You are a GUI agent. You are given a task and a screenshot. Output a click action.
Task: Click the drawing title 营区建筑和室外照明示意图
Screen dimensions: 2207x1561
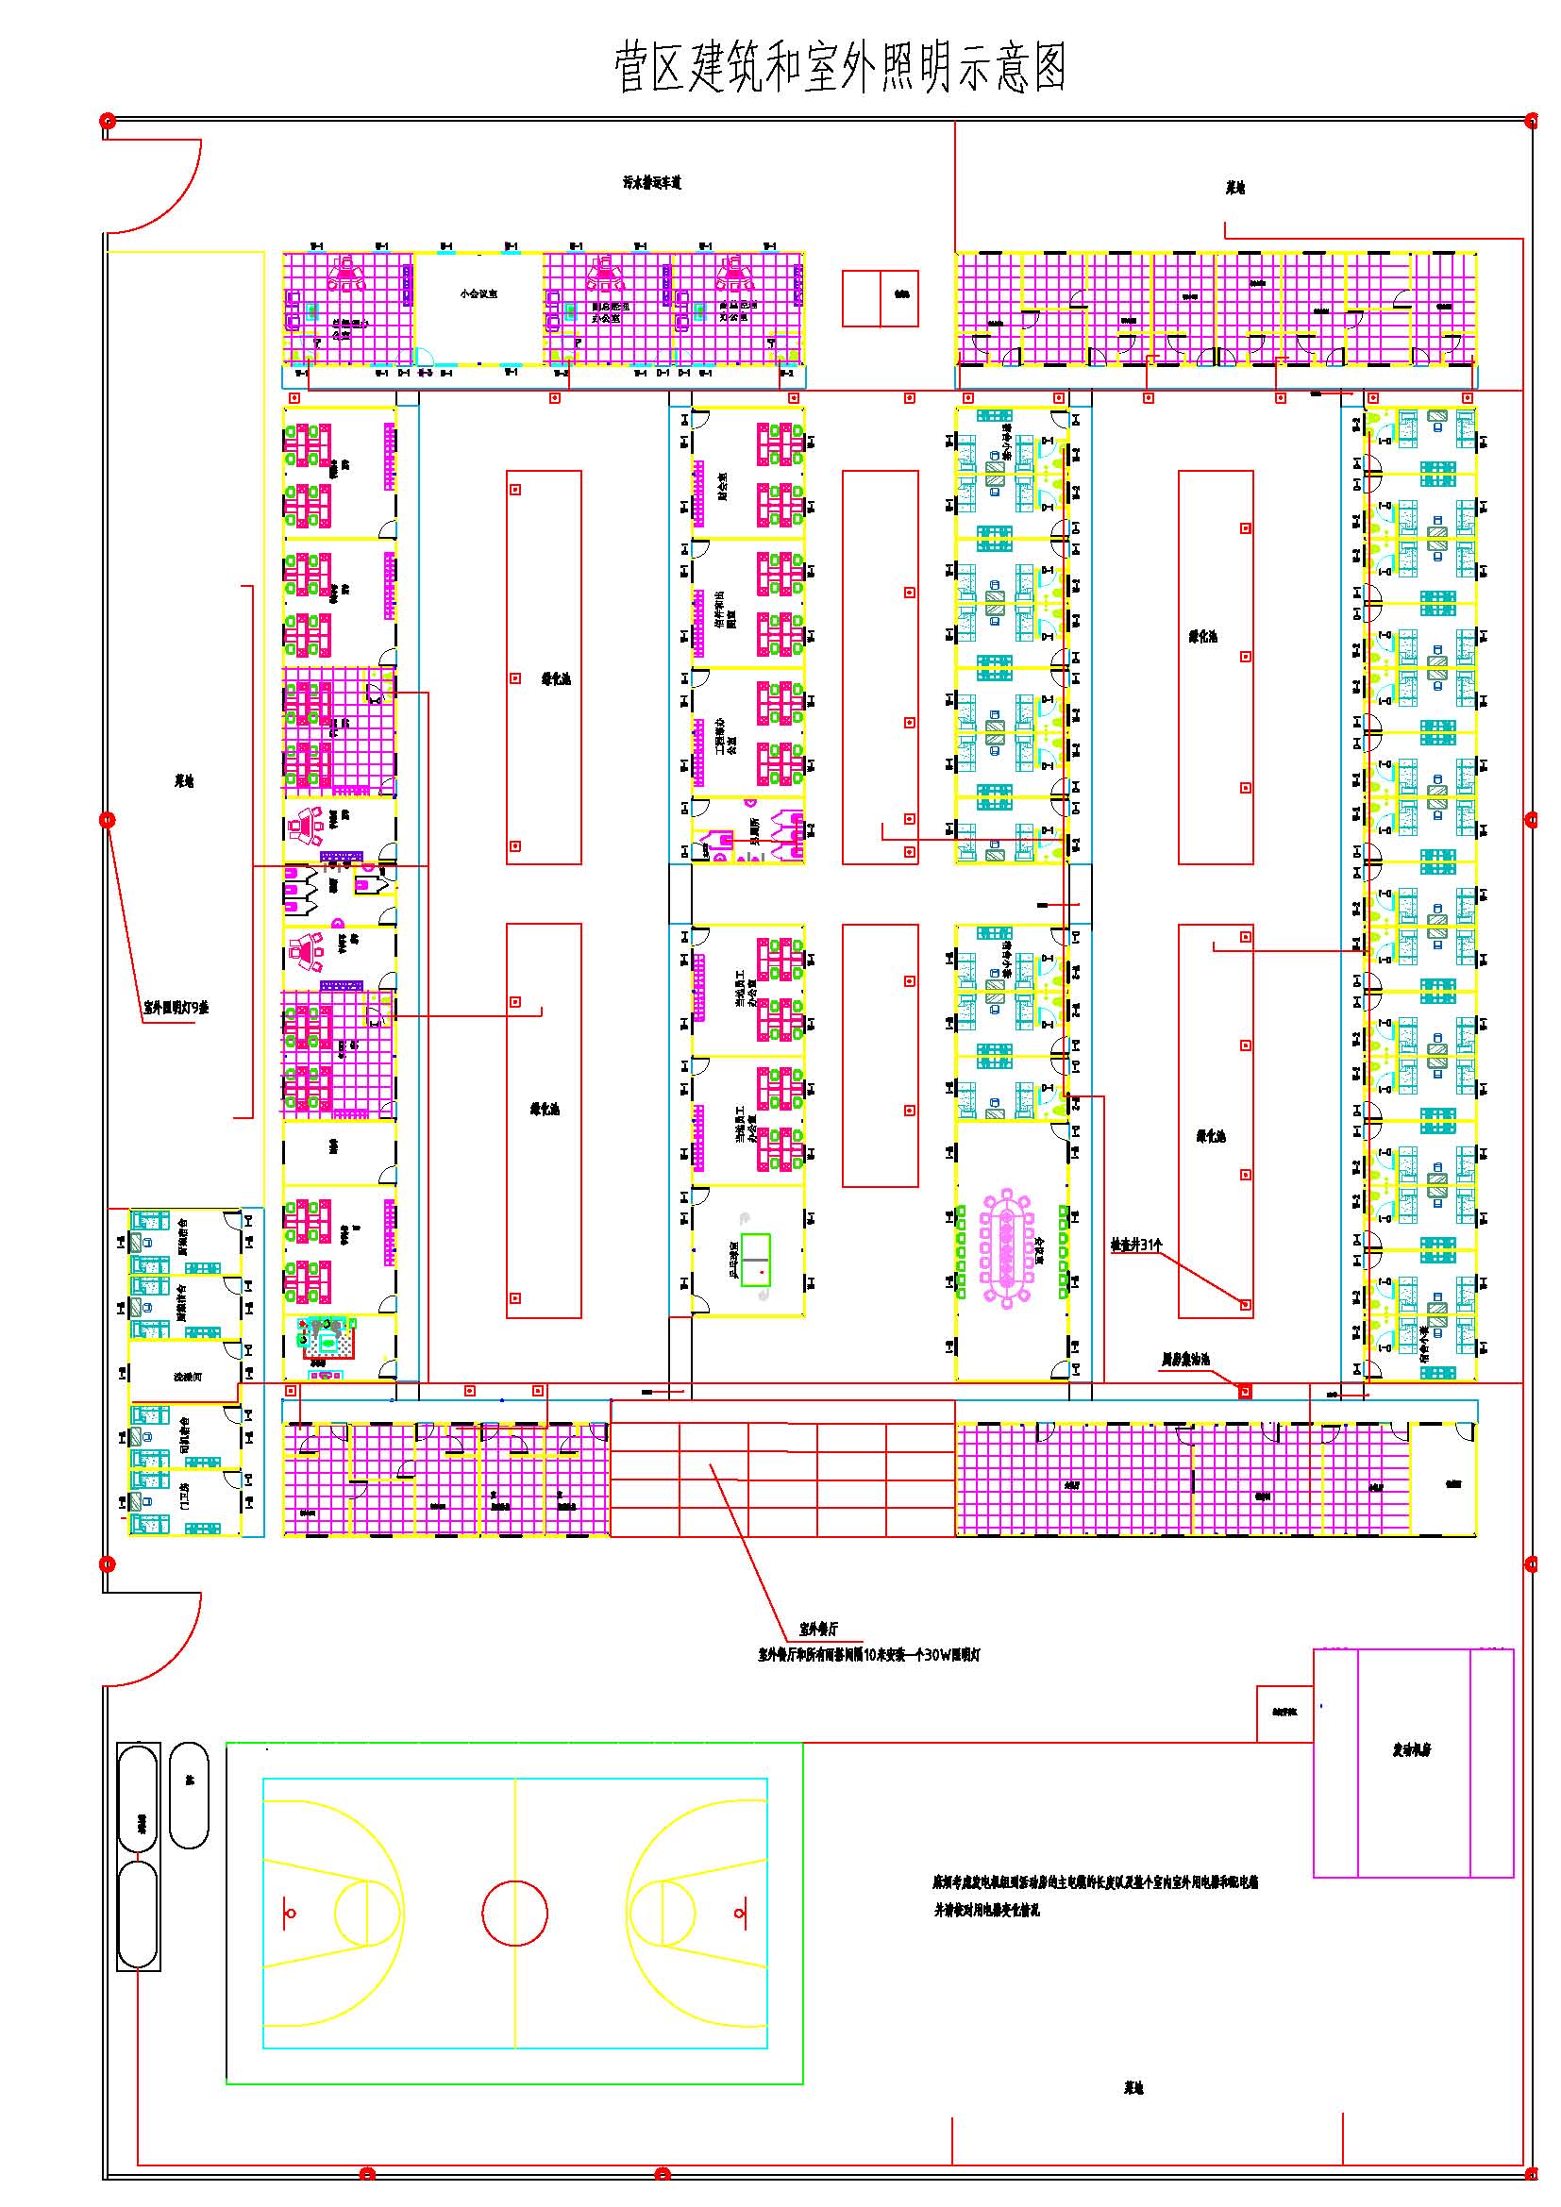click(840, 67)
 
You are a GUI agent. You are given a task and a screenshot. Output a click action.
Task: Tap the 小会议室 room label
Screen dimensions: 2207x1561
click(478, 293)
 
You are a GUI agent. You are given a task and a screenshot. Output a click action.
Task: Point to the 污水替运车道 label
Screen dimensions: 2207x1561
click(652, 183)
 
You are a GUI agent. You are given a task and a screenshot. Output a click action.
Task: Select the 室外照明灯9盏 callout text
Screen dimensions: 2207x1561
click(176, 1009)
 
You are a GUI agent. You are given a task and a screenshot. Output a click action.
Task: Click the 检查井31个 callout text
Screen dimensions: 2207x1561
click(1136, 1245)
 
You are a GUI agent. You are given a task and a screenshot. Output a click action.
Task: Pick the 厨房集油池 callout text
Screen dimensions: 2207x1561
click(1185, 1359)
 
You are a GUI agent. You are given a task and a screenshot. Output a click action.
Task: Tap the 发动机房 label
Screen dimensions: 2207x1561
click(1412, 1749)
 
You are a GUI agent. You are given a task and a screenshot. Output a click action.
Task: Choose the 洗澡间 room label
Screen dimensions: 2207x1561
click(188, 1377)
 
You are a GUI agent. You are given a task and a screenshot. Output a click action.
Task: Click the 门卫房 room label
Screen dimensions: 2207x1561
click(184, 1494)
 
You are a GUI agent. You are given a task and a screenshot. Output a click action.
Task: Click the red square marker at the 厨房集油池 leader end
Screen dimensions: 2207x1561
click(1245, 1391)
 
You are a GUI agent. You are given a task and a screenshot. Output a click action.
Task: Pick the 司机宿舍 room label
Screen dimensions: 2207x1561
click(184, 1434)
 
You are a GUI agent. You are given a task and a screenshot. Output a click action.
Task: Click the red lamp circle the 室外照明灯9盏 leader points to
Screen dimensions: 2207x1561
click(108, 820)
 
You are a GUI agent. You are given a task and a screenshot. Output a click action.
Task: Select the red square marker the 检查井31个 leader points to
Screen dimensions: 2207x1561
click(1245, 1304)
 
